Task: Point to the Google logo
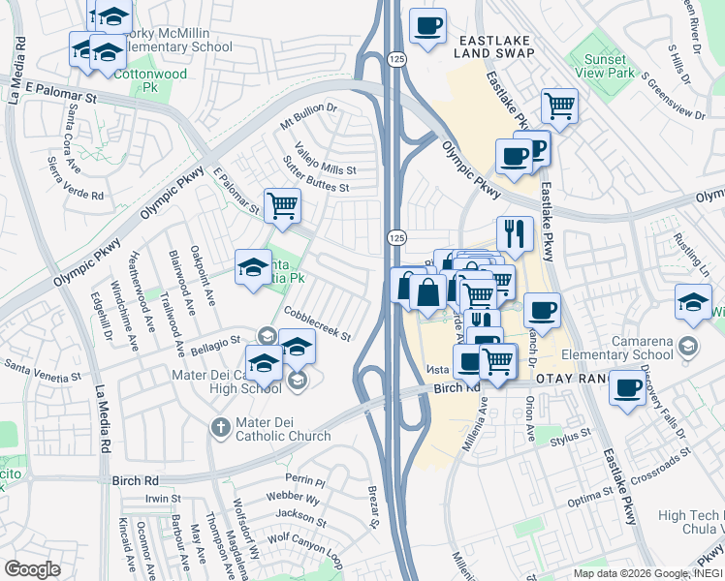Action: (x=33, y=568)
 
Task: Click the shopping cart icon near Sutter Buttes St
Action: (x=282, y=205)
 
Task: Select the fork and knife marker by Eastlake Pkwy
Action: (x=515, y=232)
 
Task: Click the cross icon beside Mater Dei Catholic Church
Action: (x=221, y=427)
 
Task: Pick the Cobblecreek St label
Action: (x=318, y=322)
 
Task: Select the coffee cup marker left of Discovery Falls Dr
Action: (x=627, y=389)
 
